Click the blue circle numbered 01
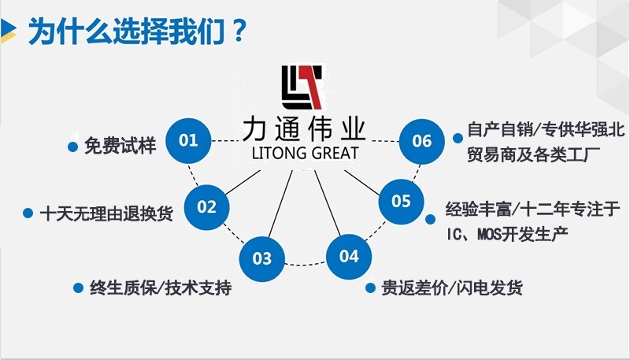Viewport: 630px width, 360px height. pos(189,141)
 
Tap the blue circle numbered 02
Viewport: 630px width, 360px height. pos(206,207)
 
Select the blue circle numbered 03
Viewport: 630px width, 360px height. pos(262,258)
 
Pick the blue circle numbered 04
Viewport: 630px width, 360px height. pos(349,256)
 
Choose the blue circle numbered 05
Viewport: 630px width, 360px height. pos(401,201)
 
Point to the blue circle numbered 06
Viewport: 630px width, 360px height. pos(422,141)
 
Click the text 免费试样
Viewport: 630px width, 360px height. pos(120,146)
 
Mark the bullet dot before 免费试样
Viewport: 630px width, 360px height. pos(72,147)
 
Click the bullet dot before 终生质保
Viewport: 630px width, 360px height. pos(77,288)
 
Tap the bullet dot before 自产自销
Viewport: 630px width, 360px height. pos(458,137)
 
